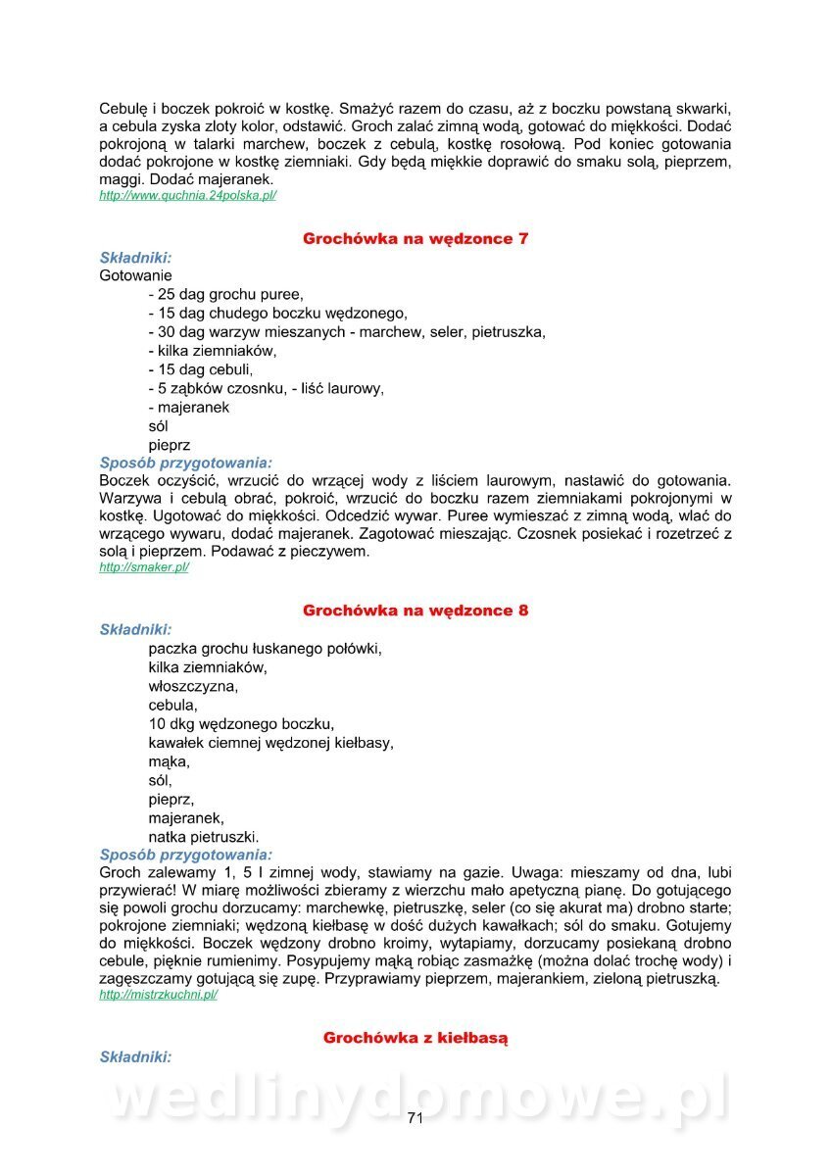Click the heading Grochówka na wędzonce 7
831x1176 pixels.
[x=415, y=238]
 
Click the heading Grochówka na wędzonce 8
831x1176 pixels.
[x=415, y=611]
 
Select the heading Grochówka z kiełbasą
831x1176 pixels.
[x=415, y=1037]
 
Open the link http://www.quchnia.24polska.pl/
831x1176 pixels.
[x=187, y=196]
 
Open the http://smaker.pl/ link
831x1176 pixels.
[x=144, y=568]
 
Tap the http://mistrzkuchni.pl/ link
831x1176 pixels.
[x=158, y=995]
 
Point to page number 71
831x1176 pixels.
[x=415, y=1119]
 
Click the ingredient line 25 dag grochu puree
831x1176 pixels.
[x=225, y=294]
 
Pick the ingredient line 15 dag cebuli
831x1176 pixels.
[x=201, y=369]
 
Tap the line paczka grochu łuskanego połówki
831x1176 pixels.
[x=265, y=649]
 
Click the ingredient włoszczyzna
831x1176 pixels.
[x=193, y=686]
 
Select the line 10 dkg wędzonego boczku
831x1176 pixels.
[x=241, y=724]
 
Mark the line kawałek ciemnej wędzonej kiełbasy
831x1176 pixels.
[x=270, y=743]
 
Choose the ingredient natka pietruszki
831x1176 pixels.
[x=203, y=837]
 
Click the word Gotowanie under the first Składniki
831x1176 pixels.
[x=135, y=275]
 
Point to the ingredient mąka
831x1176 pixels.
[x=169, y=761]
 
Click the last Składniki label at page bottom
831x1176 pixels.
[x=135, y=1056]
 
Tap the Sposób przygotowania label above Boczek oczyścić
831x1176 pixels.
[x=186, y=463]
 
